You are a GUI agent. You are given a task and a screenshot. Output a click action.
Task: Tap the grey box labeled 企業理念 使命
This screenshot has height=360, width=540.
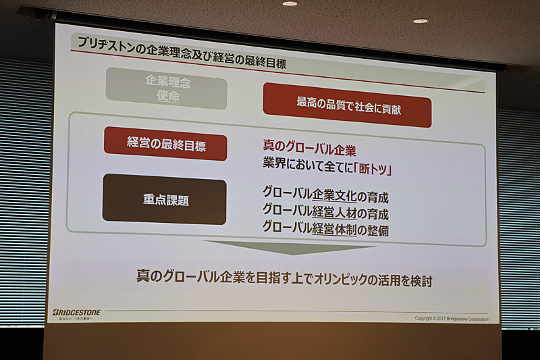pyautogui.click(x=165, y=88)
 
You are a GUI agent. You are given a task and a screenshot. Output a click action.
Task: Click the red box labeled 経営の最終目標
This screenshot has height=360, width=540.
pyautogui.click(x=165, y=145)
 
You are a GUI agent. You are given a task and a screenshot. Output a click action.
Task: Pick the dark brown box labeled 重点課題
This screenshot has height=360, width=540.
pyautogui.click(x=164, y=200)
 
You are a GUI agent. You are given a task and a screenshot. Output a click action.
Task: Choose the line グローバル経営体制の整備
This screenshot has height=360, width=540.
pyautogui.click(x=325, y=230)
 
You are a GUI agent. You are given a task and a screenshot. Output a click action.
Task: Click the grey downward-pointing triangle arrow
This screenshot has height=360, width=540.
pyautogui.click(x=290, y=247)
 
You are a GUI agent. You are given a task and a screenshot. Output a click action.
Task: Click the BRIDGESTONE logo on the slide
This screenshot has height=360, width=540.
pyautogui.click(x=76, y=312)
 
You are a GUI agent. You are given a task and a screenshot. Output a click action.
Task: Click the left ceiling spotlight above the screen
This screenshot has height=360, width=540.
pyautogui.click(x=290, y=3)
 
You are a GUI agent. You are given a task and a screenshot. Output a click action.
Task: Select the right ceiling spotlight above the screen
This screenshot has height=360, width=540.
pyautogui.click(x=420, y=21)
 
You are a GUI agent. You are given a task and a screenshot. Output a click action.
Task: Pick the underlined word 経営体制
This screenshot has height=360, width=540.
pyautogui.click(x=334, y=230)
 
